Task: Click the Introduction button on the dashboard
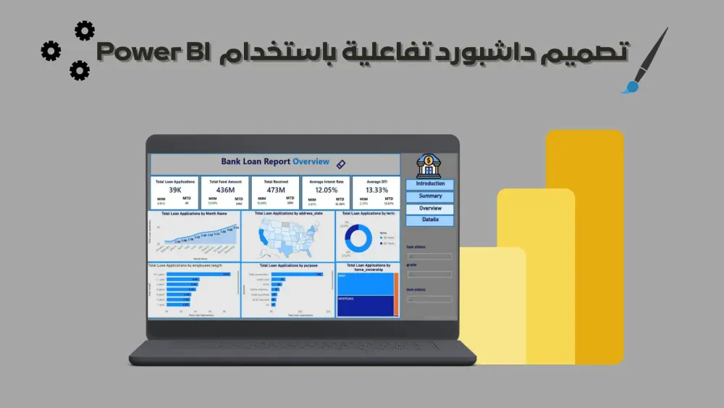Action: point(430,184)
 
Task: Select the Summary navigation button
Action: point(430,196)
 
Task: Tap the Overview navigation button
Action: point(430,209)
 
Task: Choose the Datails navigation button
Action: point(430,220)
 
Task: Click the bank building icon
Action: point(430,165)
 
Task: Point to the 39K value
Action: point(175,190)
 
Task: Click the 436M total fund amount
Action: point(225,190)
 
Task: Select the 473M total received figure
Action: point(275,190)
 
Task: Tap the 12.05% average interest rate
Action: point(326,190)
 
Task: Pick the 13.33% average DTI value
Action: point(376,190)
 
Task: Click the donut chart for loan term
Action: point(358,238)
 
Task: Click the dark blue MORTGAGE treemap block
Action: point(364,305)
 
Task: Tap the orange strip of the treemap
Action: point(396,295)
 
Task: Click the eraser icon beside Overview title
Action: point(342,164)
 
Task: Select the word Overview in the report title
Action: point(311,162)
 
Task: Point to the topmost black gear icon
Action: point(85,30)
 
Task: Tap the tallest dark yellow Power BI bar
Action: point(594,246)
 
